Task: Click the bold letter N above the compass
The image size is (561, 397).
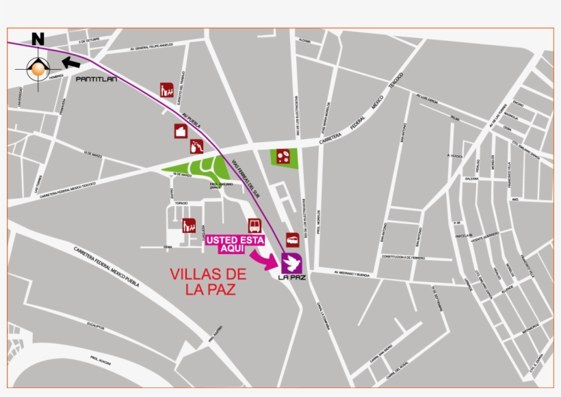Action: [x=38, y=40]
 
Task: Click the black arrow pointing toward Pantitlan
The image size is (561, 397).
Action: [x=70, y=63]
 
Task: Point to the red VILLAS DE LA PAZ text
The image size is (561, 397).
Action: [x=207, y=282]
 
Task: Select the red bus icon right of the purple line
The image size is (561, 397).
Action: [x=292, y=240]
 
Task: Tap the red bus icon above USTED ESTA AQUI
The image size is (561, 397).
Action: [x=255, y=226]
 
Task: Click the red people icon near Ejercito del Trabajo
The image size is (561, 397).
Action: [x=166, y=90]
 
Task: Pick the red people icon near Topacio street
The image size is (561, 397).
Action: [x=190, y=225]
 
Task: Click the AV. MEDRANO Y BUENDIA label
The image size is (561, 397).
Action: [x=352, y=274]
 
